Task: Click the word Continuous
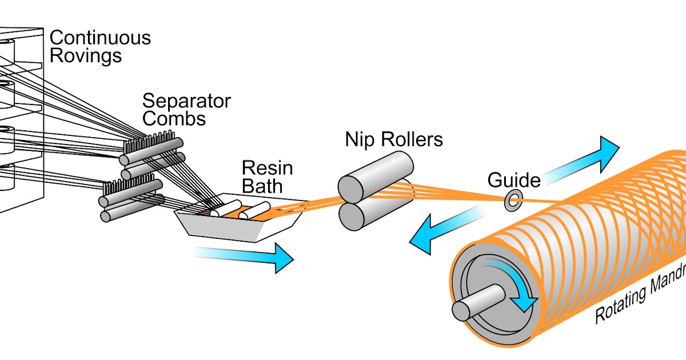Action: point(101,38)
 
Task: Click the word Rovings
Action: point(86,56)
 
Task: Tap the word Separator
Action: point(186,101)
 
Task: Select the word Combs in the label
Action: point(174,119)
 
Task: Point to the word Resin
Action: point(268,168)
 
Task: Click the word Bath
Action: point(262,186)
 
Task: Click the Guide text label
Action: point(514,181)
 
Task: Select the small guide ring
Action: point(513,200)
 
